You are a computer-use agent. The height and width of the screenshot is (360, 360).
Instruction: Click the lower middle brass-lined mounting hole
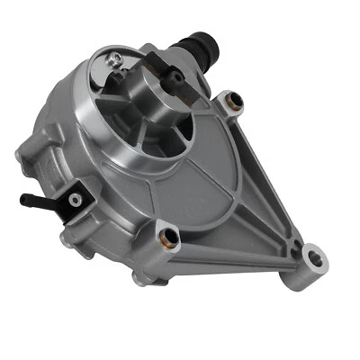pos(167,238)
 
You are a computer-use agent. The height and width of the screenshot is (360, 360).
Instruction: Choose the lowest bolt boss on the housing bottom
pos(142,279)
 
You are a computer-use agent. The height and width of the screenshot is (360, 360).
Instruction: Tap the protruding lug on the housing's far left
pos(22,156)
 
